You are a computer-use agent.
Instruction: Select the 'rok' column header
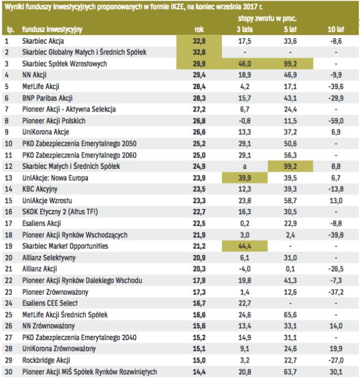point(199,29)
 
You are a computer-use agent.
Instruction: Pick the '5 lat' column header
point(289,29)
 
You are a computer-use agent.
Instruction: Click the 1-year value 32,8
point(198,53)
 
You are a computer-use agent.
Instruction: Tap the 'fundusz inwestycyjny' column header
point(53,29)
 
